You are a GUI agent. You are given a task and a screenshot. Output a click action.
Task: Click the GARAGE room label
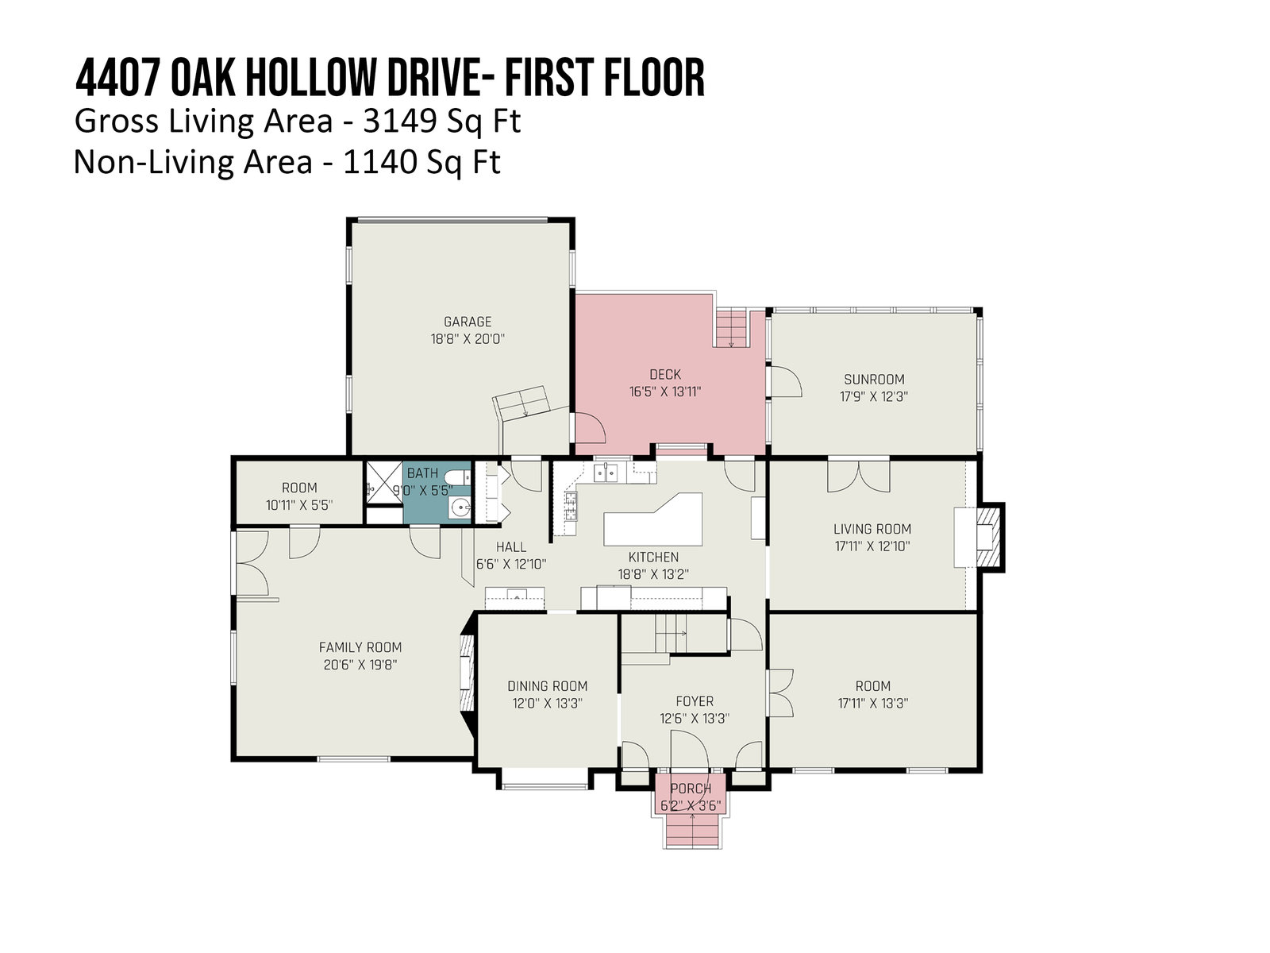click(467, 322)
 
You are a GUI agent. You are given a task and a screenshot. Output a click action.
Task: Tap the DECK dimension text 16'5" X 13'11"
click(665, 392)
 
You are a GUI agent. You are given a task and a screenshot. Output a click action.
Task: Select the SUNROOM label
click(874, 380)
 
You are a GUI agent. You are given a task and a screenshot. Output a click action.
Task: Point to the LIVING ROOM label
click(872, 529)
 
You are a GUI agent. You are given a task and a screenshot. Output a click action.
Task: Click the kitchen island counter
click(652, 519)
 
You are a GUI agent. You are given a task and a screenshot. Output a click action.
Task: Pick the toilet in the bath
click(460, 477)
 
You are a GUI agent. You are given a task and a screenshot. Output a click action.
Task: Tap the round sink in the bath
click(461, 508)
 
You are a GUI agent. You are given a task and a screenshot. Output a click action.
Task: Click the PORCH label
click(691, 789)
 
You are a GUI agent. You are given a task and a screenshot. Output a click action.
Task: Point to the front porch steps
click(692, 831)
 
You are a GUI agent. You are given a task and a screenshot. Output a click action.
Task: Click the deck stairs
click(731, 328)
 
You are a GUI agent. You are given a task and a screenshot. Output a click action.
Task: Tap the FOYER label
click(695, 701)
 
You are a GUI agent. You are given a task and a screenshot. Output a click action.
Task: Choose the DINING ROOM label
click(548, 686)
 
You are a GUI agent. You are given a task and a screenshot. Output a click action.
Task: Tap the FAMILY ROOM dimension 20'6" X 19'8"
click(360, 665)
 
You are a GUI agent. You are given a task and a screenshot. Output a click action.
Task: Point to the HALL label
click(511, 547)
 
